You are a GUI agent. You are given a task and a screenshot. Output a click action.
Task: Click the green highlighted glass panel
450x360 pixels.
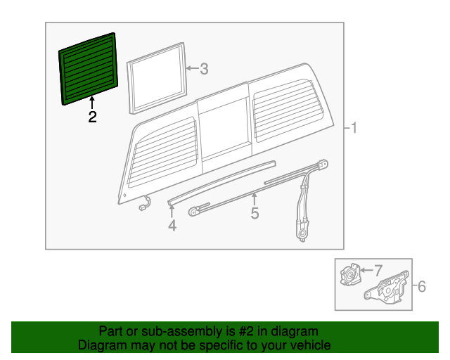pyautogui.click(x=89, y=67)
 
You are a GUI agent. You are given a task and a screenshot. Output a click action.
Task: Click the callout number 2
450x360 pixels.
pyautogui.click(x=92, y=117)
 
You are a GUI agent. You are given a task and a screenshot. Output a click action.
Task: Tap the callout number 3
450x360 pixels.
pyautogui.click(x=204, y=69)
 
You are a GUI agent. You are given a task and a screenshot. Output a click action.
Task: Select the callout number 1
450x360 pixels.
pyautogui.click(x=354, y=128)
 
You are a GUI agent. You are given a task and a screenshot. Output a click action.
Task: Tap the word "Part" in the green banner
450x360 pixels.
pyautogui.click(x=112, y=331)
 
